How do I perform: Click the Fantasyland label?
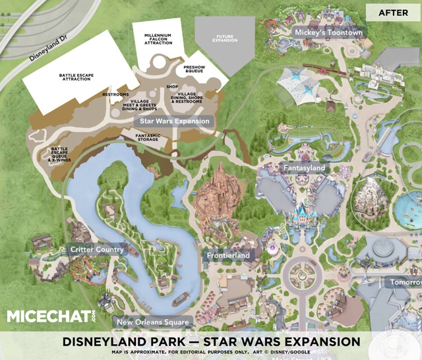tap(305, 168)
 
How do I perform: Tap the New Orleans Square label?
tap(152, 322)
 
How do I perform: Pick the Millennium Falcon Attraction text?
tap(159, 38)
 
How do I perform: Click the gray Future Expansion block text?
tap(226, 38)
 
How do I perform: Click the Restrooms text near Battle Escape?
tap(115, 95)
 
